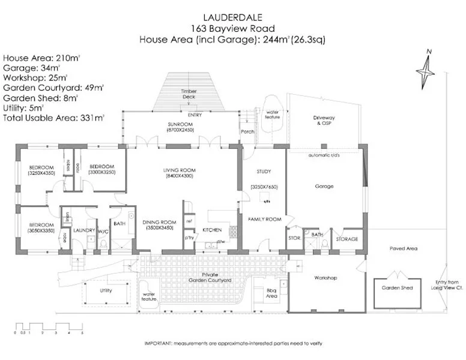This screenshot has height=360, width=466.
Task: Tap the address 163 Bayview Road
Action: click(x=232, y=28)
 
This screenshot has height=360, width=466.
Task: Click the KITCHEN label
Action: click(x=213, y=230)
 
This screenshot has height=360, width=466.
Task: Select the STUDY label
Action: click(x=264, y=172)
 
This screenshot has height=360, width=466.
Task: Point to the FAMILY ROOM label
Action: click(x=264, y=220)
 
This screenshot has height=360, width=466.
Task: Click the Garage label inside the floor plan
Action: click(x=324, y=187)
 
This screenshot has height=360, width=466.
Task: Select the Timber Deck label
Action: click(x=190, y=94)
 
